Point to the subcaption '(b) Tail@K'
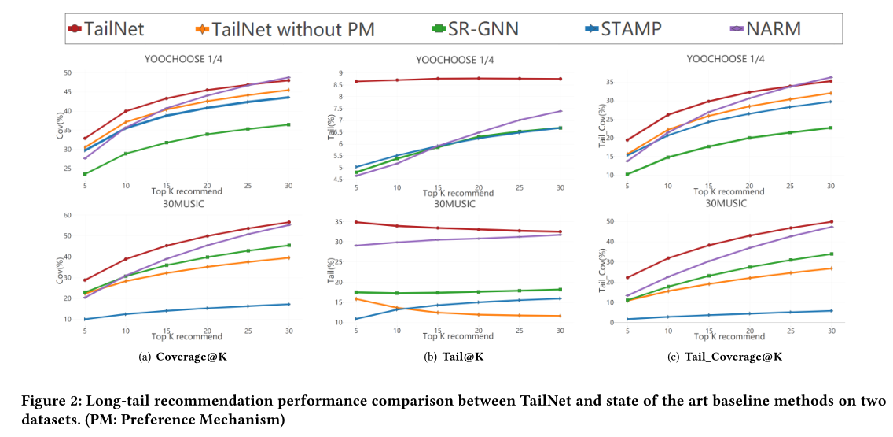[454, 357]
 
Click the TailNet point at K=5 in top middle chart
[356, 81]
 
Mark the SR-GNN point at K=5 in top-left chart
[85, 174]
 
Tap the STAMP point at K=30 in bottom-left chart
[288, 304]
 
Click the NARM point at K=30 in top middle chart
[560, 111]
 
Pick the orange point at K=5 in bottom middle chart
[356, 298]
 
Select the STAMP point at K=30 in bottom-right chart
[831, 310]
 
